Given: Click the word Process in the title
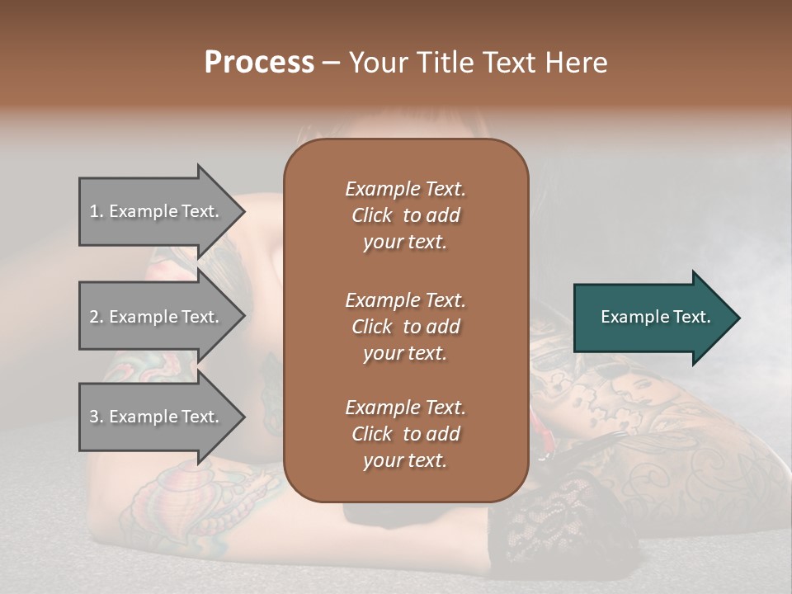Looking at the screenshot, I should click(x=259, y=63).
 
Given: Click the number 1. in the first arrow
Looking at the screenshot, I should click(x=96, y=211).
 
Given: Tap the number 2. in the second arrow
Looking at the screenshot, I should click(x=96, y=317).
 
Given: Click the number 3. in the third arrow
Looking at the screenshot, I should click(x=96, y=417).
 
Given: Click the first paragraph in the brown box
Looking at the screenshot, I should click(x=405, y=215).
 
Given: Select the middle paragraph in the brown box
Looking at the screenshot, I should click(x=405, y=326).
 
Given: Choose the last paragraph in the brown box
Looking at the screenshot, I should click(x=405, y=434).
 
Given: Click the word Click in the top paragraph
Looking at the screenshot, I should click(x=371, y=215).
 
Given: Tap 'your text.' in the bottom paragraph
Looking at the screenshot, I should click(x=405, y=460).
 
